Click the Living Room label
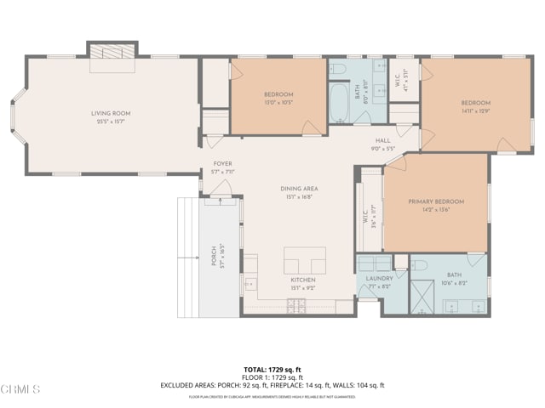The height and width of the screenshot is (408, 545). (112, 112)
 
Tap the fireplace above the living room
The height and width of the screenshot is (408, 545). (112, 51)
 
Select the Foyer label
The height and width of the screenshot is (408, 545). (222, 164)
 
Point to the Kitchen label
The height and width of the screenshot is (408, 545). (303, 280)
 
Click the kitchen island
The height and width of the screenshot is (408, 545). (305, 260)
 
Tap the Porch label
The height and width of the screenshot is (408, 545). (214, 256)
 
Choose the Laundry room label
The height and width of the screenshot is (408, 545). (379, 279)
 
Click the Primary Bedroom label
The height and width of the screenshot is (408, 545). (436, 201)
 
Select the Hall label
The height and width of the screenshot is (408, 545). (383, 141)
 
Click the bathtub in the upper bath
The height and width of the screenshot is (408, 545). (338, 104)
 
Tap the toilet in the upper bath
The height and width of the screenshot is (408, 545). (338, 67)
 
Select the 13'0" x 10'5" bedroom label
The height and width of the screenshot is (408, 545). (278, 94)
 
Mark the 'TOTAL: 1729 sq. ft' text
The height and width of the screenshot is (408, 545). (272, 370)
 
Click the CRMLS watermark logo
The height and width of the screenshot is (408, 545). (20, 389)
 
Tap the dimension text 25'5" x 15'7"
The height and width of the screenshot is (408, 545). (112, 121)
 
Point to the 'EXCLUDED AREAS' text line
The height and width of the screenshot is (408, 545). (272, 385)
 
